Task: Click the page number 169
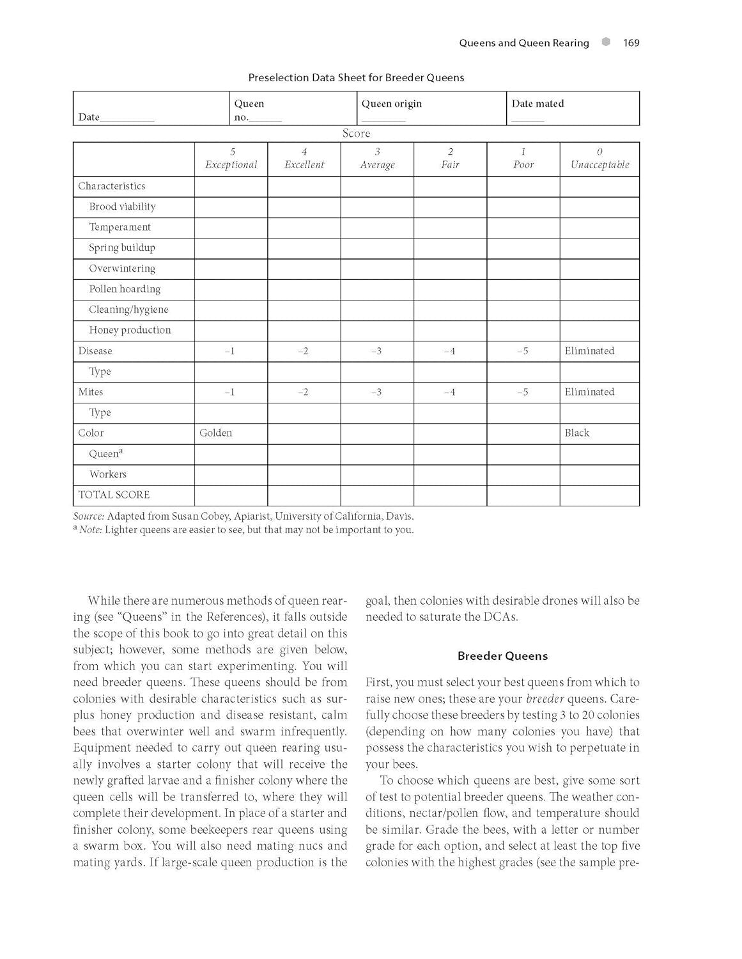[631, 43]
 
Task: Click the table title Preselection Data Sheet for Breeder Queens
[356, 77]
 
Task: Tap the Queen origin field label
[391, 104]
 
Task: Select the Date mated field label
[537, 104]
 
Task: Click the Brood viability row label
[122, 207]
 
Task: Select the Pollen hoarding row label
[125, 289]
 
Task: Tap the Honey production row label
[130, 330]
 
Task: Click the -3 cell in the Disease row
[376, 351]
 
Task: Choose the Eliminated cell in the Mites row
[589, 392]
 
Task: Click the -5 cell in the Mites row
[523, 392]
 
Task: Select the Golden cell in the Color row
[215, 433]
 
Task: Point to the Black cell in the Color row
[576, 433]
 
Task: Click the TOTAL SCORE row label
[114, 495]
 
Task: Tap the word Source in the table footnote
[88, 516]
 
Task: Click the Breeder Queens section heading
[502, 656]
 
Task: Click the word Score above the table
[356, 133]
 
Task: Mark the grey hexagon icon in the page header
[606, 42]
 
